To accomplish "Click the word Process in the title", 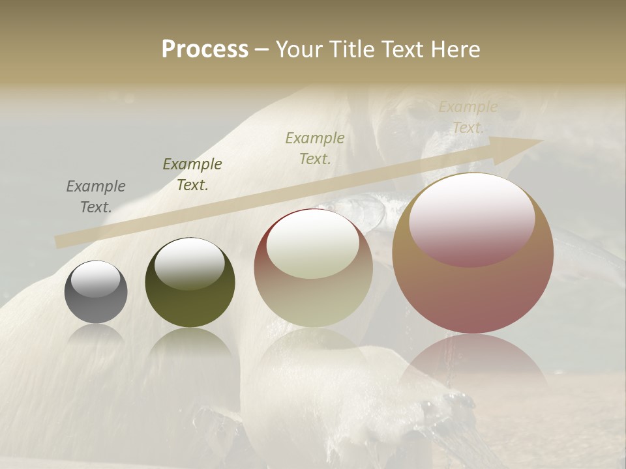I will pos(205,50).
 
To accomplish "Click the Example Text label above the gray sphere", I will pos(95,197).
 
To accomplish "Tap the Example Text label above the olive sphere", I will pos(192,175).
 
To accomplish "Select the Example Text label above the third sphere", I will pos(315,148).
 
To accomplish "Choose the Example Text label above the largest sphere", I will pos(468,117).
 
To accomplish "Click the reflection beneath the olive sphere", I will pos(190,345).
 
